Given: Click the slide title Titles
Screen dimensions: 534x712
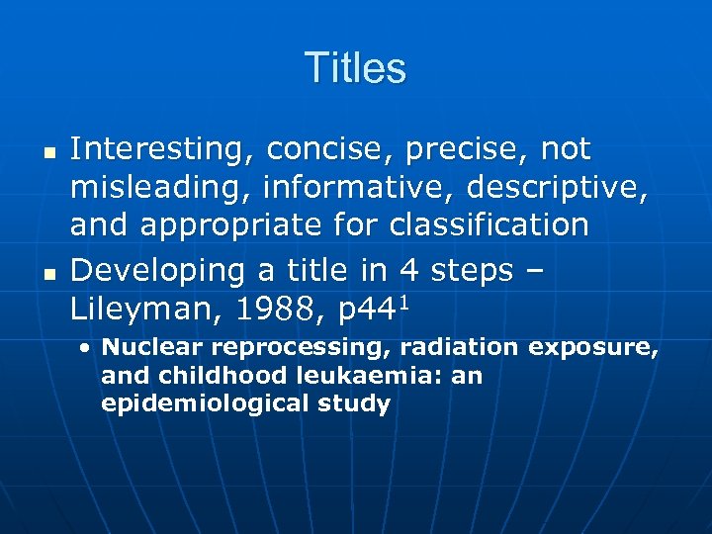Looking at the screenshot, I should [x=355, y=68].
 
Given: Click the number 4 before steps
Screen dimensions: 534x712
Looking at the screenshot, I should [x=406, y=271].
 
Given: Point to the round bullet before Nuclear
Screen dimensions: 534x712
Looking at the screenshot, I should [x=87, y=348].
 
